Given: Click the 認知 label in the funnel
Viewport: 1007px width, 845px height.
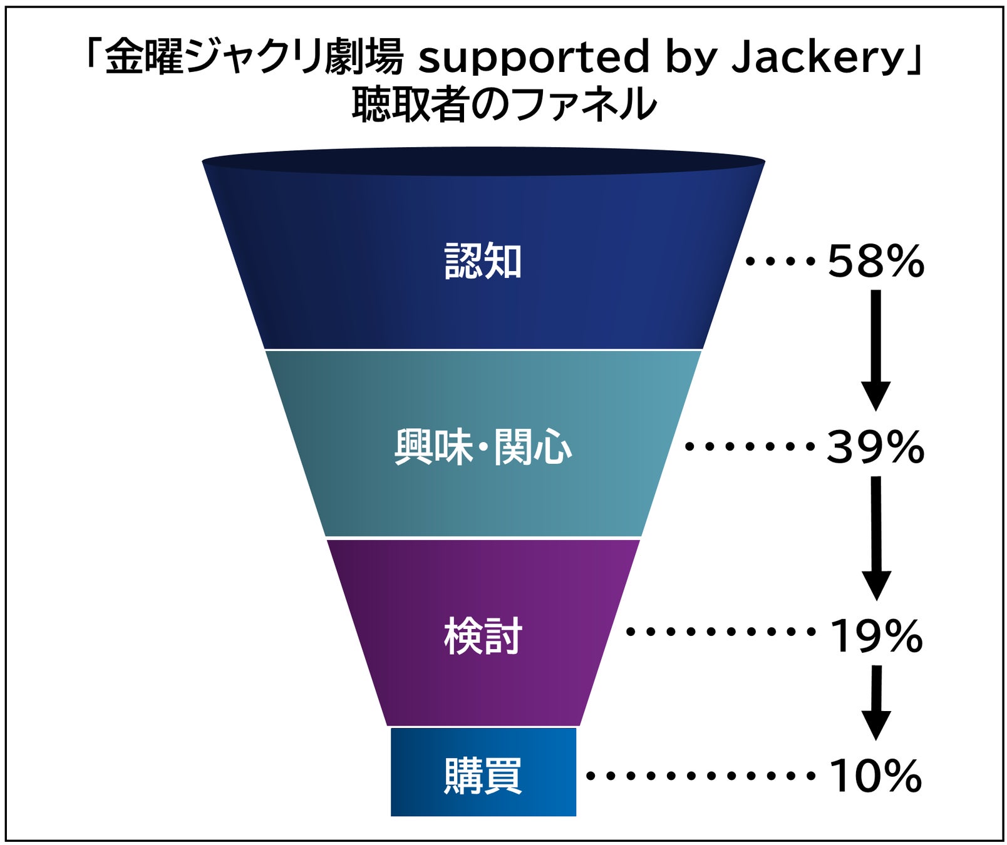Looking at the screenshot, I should point(483,261).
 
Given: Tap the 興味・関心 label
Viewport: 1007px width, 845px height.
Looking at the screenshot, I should point(483,447).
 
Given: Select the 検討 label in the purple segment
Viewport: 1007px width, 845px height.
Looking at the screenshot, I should point(483,636).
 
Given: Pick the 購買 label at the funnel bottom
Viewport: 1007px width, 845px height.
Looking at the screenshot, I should point(483,776).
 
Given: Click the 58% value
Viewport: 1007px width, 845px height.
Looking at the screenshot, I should point(875,261).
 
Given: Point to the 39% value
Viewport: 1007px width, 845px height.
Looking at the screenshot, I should point(875,447).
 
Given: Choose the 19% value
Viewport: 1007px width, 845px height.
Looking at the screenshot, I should point(875,636).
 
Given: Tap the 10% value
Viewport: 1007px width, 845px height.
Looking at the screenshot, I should point(875,776).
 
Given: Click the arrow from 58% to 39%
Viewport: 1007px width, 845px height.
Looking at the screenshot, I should point(876,349).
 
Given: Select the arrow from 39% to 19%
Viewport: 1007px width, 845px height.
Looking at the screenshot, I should point(876,537).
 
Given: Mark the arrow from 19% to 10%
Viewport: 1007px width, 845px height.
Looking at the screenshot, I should point(876,701).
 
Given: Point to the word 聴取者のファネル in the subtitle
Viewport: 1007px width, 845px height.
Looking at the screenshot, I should point(503,104).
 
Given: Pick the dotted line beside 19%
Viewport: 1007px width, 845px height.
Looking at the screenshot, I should point(720,632).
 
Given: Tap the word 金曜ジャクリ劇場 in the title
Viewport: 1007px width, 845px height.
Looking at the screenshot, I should point(254,58).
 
